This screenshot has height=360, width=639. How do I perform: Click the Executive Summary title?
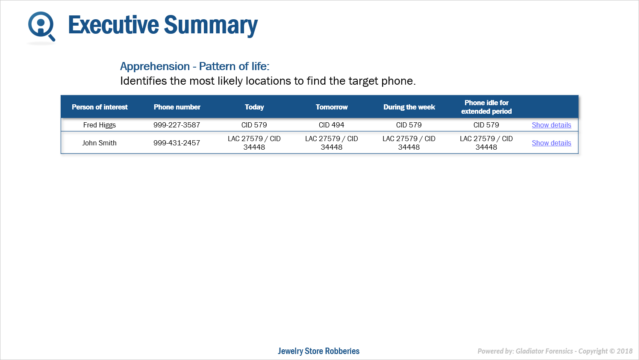click(163, 25)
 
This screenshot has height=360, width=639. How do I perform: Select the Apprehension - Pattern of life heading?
click(194, 66)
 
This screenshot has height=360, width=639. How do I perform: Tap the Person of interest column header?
click(100, 107)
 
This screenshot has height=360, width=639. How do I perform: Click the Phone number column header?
click(177, 107)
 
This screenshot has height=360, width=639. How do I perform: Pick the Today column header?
click(254, 107)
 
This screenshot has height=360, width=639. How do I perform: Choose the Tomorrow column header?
click(332, 107)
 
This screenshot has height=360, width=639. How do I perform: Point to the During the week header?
click(409, 107)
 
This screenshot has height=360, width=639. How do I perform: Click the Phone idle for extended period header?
click(486, 107)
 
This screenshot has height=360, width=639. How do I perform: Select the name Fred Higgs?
click(99, 125)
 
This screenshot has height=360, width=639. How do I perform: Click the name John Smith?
click(99, 143)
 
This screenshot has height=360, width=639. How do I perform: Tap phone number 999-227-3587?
click(177, 125)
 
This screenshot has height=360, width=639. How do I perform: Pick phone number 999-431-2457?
click(177, 143)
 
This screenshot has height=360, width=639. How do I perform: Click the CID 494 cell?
click(332, 125)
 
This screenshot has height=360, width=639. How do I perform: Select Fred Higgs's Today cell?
click(254, 125)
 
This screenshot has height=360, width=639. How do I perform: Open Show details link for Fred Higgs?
click(551, 125)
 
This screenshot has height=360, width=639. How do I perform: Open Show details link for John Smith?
click(551, 143)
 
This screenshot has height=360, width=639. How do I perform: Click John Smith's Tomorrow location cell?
click(332, 143)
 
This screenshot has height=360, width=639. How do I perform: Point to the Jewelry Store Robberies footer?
click(318, 351)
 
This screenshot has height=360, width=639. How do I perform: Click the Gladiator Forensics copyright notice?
click(555, 351)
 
